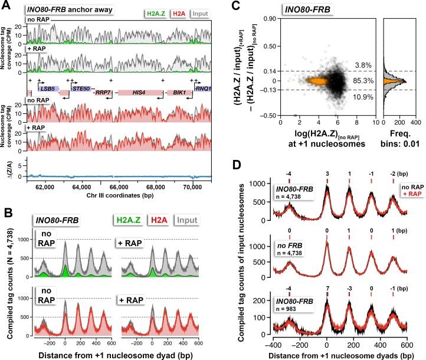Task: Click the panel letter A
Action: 6,6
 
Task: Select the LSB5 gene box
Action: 48,86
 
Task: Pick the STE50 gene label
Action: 80,86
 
